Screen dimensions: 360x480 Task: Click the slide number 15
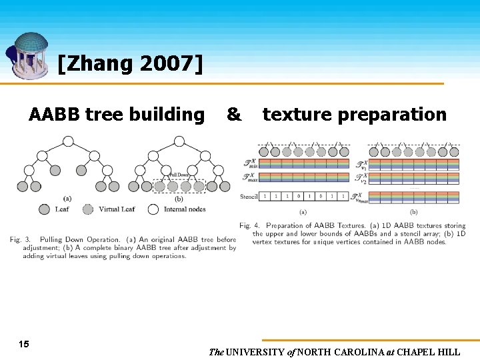pyautogui.click(x=24, y=344)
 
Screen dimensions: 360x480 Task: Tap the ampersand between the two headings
pyautogui.click(x=233, y=115)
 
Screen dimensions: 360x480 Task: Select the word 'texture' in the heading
pyautogui.click(x=297, y=115)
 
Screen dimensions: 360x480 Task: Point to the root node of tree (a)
pyautogui.click(x=68, y=141)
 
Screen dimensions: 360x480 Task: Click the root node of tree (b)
pyautogui.click(x=179, y=141)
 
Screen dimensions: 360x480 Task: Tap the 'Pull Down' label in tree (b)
pyautogui.click(x=178, y=175)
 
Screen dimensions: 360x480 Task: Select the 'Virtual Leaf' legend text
pyautogui.click(x=117, y=209)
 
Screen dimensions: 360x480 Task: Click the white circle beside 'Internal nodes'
pyautogui.click(x=153, y=209)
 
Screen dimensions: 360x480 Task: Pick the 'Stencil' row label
pyautogui.click(x=249, y=197)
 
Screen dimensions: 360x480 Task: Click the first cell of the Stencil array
pyautogui.click(x=265, y=197)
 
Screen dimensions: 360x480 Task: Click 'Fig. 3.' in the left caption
pyautogui.click(x=22, y=239)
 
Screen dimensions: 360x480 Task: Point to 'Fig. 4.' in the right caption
pyautogui.click(x=251, y=225)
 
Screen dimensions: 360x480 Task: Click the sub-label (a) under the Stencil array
pyautogui.click(x=303, y=211)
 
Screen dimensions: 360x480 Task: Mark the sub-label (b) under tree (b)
pyautogui.click(x=179, y=199)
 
